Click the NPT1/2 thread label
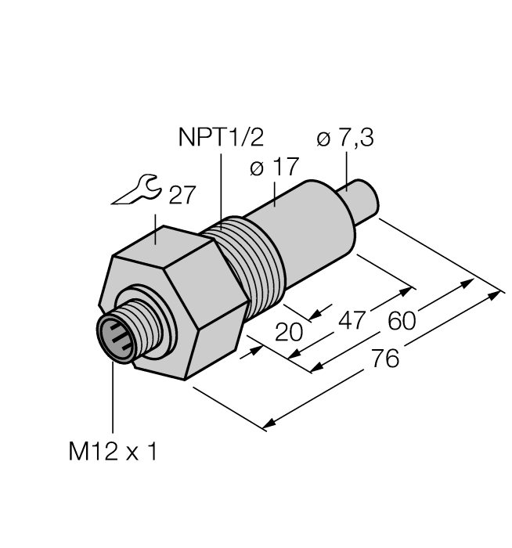point(220,139)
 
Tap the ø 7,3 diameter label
point(345,139)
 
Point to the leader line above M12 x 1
point(113,399)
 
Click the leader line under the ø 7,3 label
point(345,168)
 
